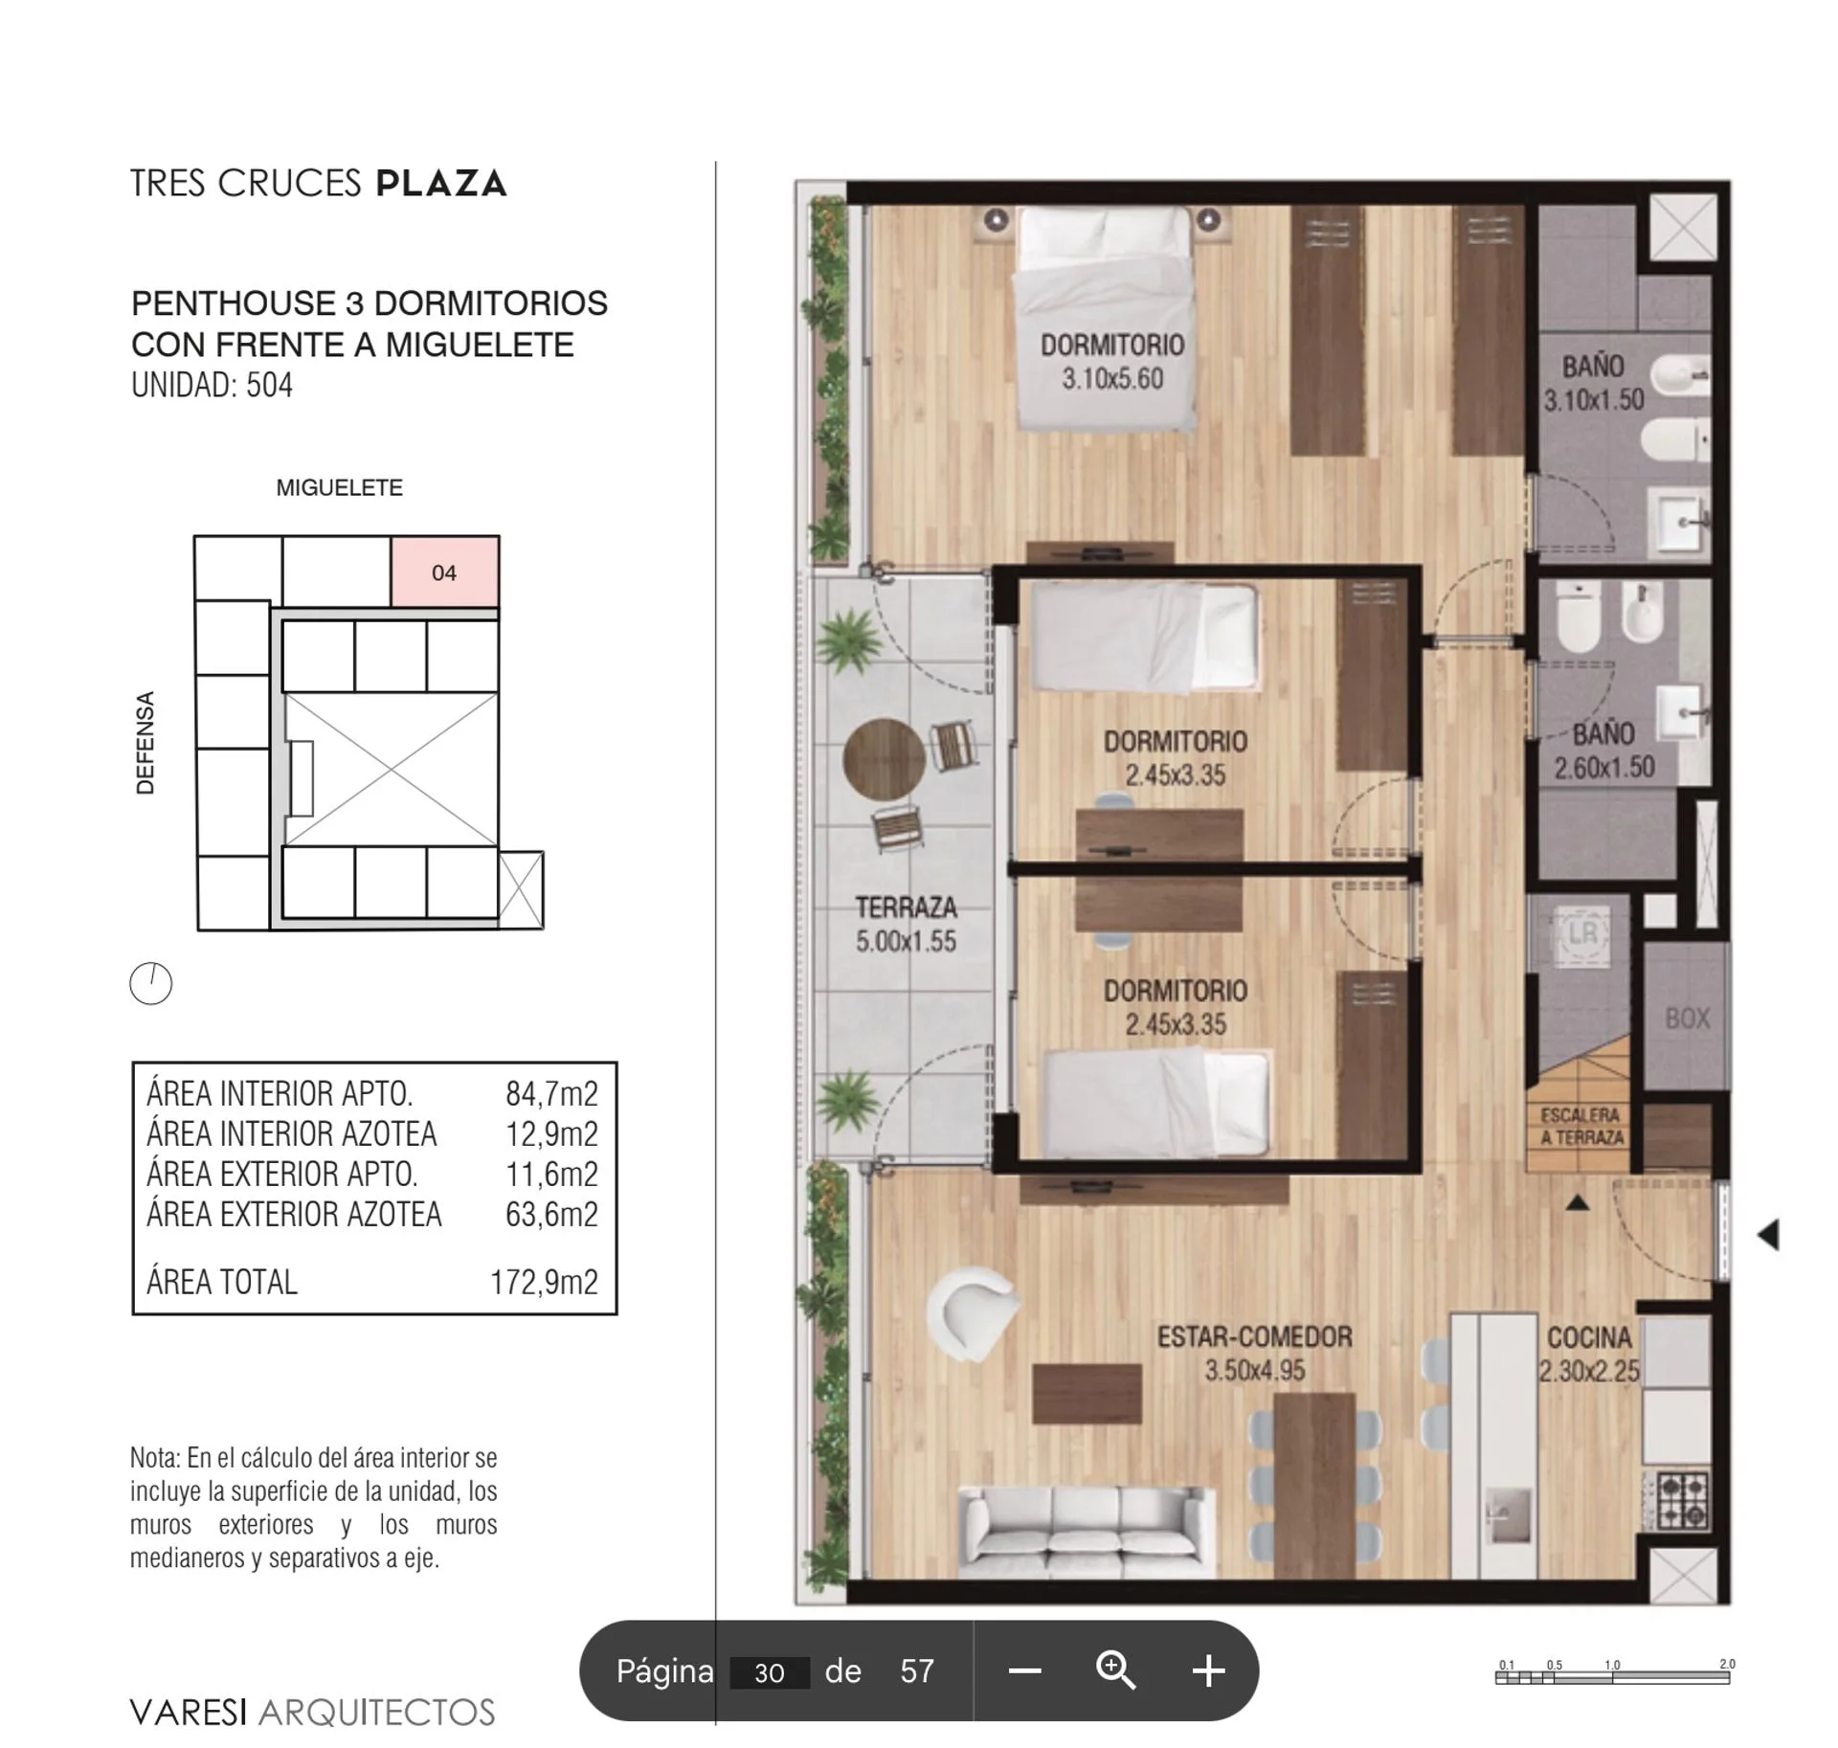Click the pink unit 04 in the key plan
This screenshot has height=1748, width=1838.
click(x=445, y=571)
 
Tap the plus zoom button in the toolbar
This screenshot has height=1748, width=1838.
click(x=1208, y=1670)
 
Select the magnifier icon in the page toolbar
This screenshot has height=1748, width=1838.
click(x=1115, y=1670)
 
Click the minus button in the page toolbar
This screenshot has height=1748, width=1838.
click(x=1024, y=1671)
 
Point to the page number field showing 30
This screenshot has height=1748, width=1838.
click(x=770, y=1672)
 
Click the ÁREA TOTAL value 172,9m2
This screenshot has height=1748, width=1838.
click(x=544, y=1282)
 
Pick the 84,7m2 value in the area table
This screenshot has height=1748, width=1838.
click(x=551, y=1093)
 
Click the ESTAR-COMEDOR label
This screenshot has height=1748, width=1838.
click(x=1254, y=1336)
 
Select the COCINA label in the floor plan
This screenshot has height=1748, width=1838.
click(x=1589, y=1337)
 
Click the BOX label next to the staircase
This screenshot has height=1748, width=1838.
click(x=1687, y=1019)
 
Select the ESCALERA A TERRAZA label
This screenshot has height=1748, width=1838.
click(x=1581, y=1127)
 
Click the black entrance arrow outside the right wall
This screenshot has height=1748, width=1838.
click(x=1769, y=1235)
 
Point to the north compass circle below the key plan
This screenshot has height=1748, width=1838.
click(x=151, y=983)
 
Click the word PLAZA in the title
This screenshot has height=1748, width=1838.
click(x=440, y=183)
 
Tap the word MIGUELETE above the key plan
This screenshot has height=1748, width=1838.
click(x=339, y=487)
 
